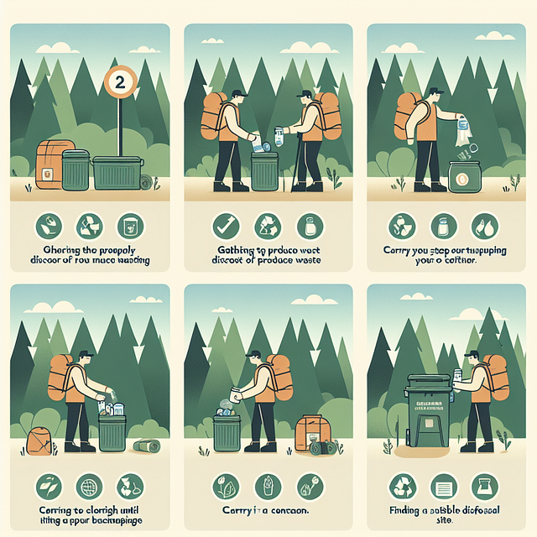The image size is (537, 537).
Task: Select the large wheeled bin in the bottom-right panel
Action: coord(427,411)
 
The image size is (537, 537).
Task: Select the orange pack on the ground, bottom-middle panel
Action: coord(310,433)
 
